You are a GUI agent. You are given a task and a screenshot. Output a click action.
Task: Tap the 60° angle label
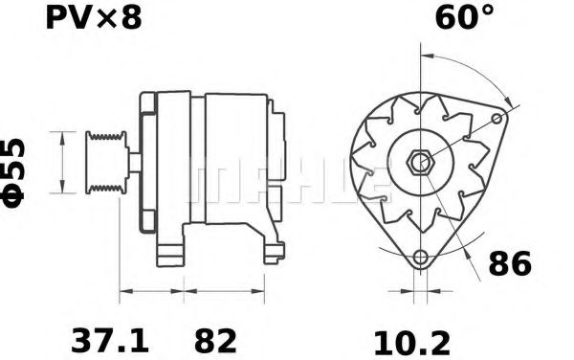pyautogui.click(x=466, y=18)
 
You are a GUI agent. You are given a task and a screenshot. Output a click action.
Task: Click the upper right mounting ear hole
pyautogui.click(x=497, y=118)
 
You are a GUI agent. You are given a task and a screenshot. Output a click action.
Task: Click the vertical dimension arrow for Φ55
pyautogui.click(x=63, y=164)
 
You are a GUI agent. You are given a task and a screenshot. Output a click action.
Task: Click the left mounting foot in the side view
pyautogui.click(x=170, y=251)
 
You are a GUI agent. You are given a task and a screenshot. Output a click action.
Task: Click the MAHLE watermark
pyautogui.click(x=287, y=182)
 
